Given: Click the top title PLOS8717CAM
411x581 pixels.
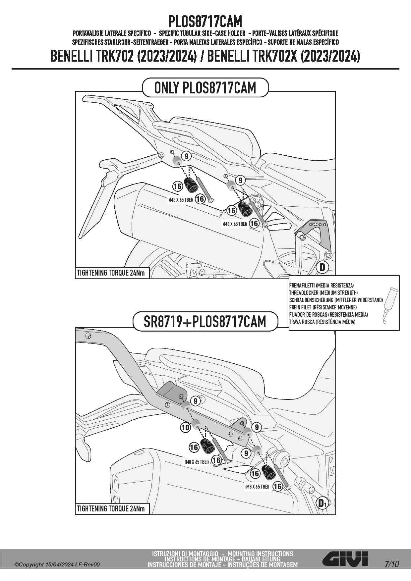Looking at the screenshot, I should point(205,22).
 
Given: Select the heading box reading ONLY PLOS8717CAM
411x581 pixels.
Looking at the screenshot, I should point(205,88).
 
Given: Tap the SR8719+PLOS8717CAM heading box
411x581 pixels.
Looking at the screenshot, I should point(205,321).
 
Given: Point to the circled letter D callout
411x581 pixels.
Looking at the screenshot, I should point(322,267).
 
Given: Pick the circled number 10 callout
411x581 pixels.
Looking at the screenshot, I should point(185,427).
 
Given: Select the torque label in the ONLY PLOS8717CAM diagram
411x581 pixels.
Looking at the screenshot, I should point(111,273).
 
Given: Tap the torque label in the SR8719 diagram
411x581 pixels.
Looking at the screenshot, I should point(111,508).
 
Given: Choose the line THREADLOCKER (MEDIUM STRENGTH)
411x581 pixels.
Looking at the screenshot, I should point(323,292).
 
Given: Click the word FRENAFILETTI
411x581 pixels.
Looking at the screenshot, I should point(302,285).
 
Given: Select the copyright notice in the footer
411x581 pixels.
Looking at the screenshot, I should point(57,564).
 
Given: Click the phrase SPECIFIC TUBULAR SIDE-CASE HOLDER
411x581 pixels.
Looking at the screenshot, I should point(202,33).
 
